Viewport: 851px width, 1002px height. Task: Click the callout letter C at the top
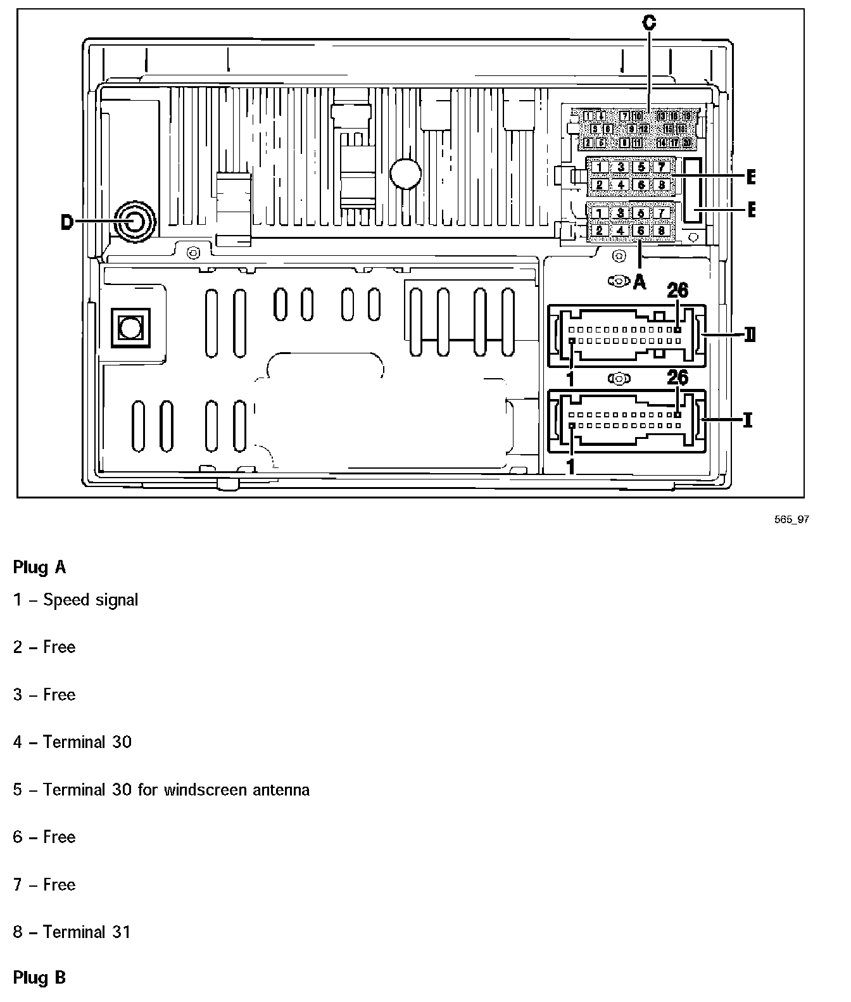pyautogui.click(x=649, y=23)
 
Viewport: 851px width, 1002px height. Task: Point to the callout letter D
pyautogui.click(x=67, y=222)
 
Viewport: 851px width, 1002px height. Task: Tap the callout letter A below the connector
pyautogui.click(x=640, y=282)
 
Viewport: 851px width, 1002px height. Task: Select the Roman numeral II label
pyautogui.click(x=749, y=334)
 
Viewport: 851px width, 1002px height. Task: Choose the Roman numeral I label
pyautogui.click(x=748, y=419)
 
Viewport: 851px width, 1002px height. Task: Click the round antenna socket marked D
pyautogui.click(x=134, y=222)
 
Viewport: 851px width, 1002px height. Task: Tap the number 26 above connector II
pyautogui.click(x=678, y=290)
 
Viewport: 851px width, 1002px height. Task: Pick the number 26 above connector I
pyautogui.click(x=678, y=378)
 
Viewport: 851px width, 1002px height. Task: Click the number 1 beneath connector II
pyautogui.click(x=570, y=379)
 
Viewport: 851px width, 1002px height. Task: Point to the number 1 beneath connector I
pyautogui.click(x=570, y=467)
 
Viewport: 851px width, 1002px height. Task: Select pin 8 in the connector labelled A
pyautogui.click(x=662, y=231)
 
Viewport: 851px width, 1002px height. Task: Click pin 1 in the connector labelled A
pyautogui.click(x=599, y=213)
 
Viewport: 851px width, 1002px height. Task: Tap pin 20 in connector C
pyautogui.click(x=687, y=143)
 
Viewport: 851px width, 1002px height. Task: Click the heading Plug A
pyautogui.click(x=39, y=567)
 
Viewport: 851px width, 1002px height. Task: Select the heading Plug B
pyautogui.click(x=39, y=977)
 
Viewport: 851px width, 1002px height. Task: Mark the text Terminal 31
pyautogui.click(x=87, y=932)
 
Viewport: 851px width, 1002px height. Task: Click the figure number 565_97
pyautogui.click(x=791, y=519)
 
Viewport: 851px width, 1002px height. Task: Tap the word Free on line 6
pyautogui.click(x=59, y=837)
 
